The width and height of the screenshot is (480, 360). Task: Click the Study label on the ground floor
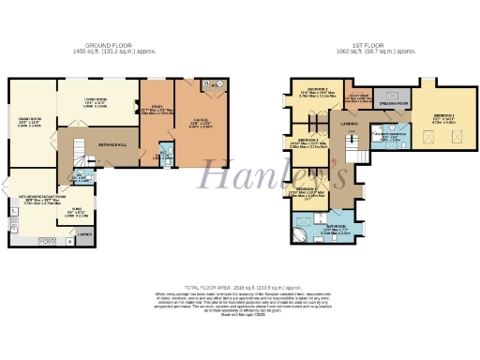[x=157, y=109]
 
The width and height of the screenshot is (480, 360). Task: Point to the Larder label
[x=83, y=233]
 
